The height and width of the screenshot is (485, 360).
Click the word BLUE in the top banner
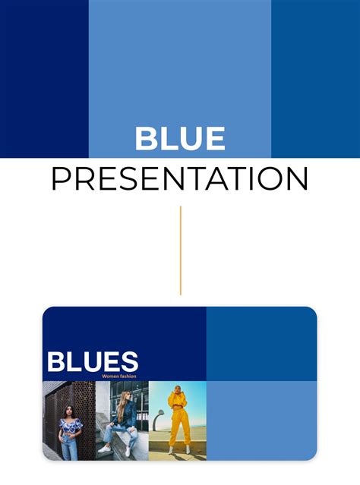click(x=180, y=138)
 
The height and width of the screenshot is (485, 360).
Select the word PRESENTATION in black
click(x=180, y=179)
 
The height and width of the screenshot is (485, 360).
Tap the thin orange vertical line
click(x=181, y=250)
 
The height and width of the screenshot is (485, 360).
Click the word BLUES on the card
click(x=93, y=361)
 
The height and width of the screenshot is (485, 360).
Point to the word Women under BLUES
click(x=109, y=376)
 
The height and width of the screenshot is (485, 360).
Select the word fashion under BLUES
click(x=128, y=376)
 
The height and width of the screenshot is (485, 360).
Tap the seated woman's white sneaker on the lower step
click(x=104, y=449)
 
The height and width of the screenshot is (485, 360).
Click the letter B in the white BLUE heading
click(x=146, y=138)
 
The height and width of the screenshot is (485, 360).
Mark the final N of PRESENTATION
click(x=298, y=179)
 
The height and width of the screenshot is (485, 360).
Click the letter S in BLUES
click(x=129, y=361)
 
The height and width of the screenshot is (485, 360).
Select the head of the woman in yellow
click(x=177, y=389)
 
